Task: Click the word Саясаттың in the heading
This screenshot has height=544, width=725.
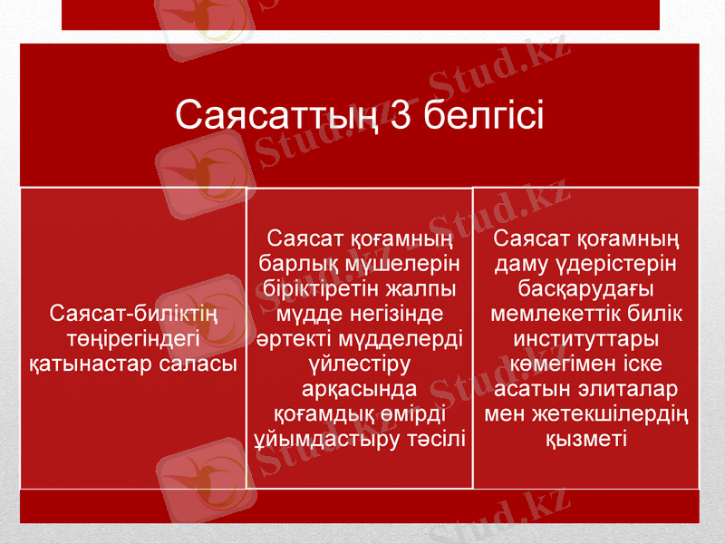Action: point(282,116)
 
